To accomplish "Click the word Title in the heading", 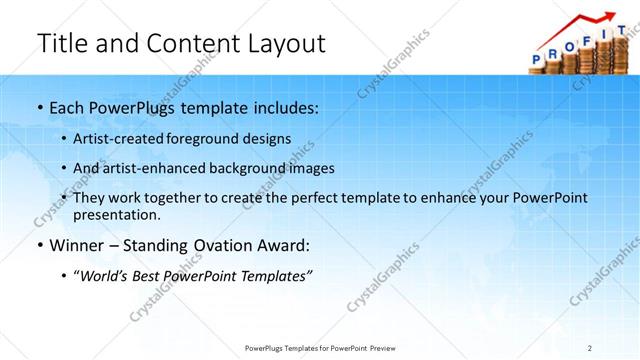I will pos(62,43).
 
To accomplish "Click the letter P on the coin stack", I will pos(536,58).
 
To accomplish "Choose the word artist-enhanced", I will pos(147,167).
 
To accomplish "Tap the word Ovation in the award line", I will pos(211,244).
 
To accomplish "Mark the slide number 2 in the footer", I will pos(590,347).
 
